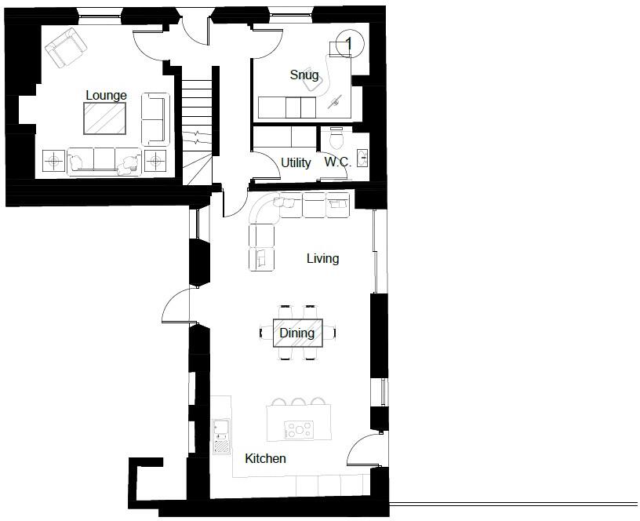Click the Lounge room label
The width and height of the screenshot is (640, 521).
point(106,95)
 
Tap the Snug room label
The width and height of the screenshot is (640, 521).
point(304,75)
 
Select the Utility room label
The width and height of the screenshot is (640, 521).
point(296,162)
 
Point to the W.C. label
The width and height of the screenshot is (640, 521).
point(337,162)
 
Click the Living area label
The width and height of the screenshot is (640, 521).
point(322,258)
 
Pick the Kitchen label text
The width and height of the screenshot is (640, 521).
point(265,458)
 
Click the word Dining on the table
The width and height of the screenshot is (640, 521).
point(297,333)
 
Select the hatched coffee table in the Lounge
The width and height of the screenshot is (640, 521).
point(105,119)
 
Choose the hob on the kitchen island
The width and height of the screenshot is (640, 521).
point(300,429)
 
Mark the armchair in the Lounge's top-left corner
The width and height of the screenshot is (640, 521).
point(66,48)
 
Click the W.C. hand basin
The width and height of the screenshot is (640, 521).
point(362,158)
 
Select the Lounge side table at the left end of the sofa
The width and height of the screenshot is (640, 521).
point(53,161)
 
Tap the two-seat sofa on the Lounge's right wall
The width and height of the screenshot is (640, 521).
point(155,118)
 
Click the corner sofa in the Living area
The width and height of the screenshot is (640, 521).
point(267,228)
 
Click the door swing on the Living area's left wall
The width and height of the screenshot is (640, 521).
point(176,307)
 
